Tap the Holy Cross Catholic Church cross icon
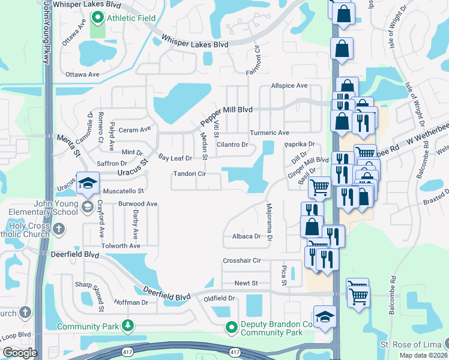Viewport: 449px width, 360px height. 59,229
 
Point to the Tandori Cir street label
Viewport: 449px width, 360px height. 190,174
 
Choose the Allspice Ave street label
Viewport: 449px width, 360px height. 289,86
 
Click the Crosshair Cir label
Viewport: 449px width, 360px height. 242,260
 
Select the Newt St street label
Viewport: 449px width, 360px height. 246,283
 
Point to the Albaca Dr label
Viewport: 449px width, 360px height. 247,236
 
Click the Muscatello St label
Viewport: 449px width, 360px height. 124,191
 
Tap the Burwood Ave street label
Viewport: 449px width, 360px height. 137,204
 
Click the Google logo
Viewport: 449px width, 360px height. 19,353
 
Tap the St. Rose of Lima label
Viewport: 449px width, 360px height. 411,345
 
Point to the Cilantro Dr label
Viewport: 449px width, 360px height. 232,145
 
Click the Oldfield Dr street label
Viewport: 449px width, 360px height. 219,298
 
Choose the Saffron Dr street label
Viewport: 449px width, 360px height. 112,163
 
